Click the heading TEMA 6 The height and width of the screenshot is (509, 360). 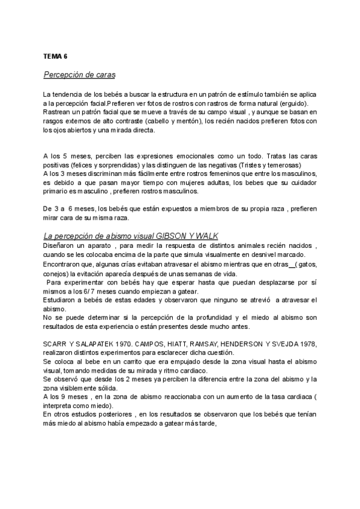pyautogui.click(x=55, y=56)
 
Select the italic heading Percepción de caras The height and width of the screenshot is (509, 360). pyautogui.click(x=79, y=75)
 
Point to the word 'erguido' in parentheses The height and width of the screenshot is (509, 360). pyautogui.click(x=290, y=103)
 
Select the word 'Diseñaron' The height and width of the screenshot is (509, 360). pyautogui.click(x=58, y=245)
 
